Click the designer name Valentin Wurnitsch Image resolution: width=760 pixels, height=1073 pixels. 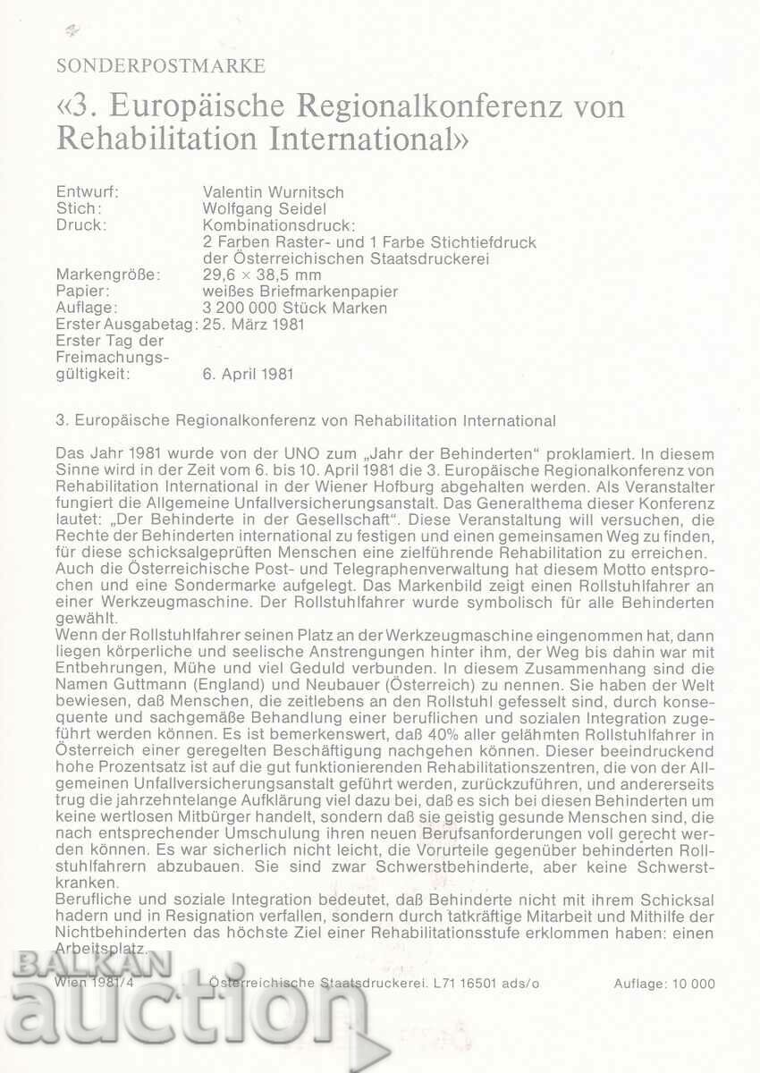(274, 191)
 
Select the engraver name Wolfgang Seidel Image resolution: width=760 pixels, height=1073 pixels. (264, 208)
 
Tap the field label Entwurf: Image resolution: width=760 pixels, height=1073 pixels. (87, 191)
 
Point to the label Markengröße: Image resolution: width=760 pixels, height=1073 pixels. (107, 275)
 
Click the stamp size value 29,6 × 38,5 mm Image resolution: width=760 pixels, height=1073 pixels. (262, 275)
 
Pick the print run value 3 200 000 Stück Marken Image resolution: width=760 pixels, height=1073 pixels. (296, 308)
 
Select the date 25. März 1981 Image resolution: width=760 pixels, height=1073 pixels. (254, 324)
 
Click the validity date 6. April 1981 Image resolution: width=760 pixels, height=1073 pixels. (248, 374)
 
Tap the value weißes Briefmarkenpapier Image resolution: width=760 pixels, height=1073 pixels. (300, 291)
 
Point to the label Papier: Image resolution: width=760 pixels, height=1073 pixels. (83, 291)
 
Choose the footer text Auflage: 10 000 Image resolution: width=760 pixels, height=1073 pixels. (664, 984)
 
